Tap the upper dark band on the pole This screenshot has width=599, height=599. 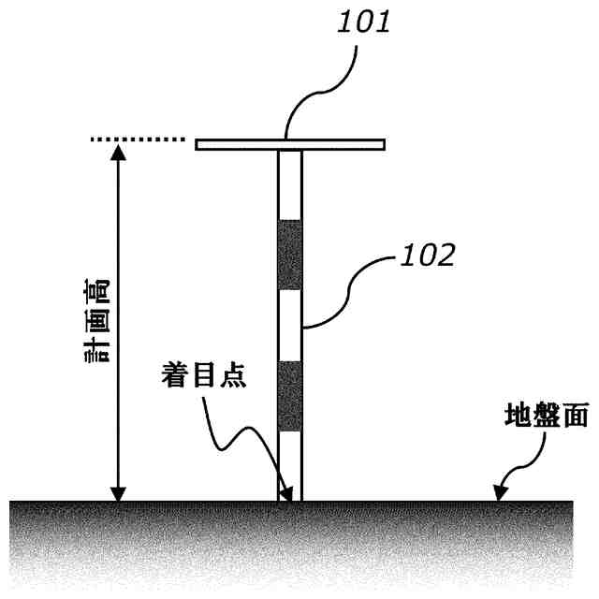click(x=290, y=255)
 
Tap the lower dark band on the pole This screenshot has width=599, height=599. click(x=290, y=396)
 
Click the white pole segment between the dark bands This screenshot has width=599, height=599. click(x=290, y=325)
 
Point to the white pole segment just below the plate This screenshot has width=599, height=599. click(x=290, y=184)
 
